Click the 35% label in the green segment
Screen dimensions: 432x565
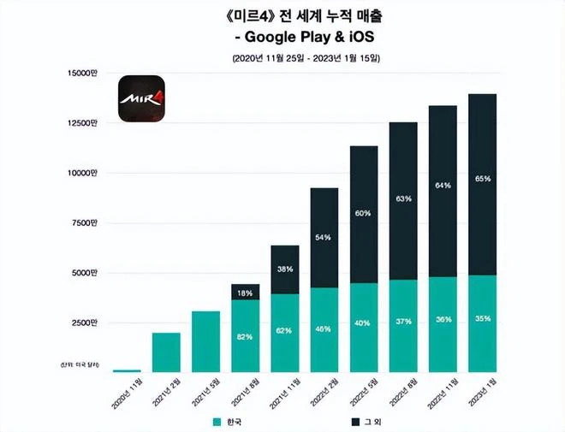point(481,318)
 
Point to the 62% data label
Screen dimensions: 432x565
point(284,328)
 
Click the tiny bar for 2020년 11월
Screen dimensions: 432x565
point(127,370)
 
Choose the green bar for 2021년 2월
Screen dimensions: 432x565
point(166,352)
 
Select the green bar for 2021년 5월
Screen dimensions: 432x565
point(205,341)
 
